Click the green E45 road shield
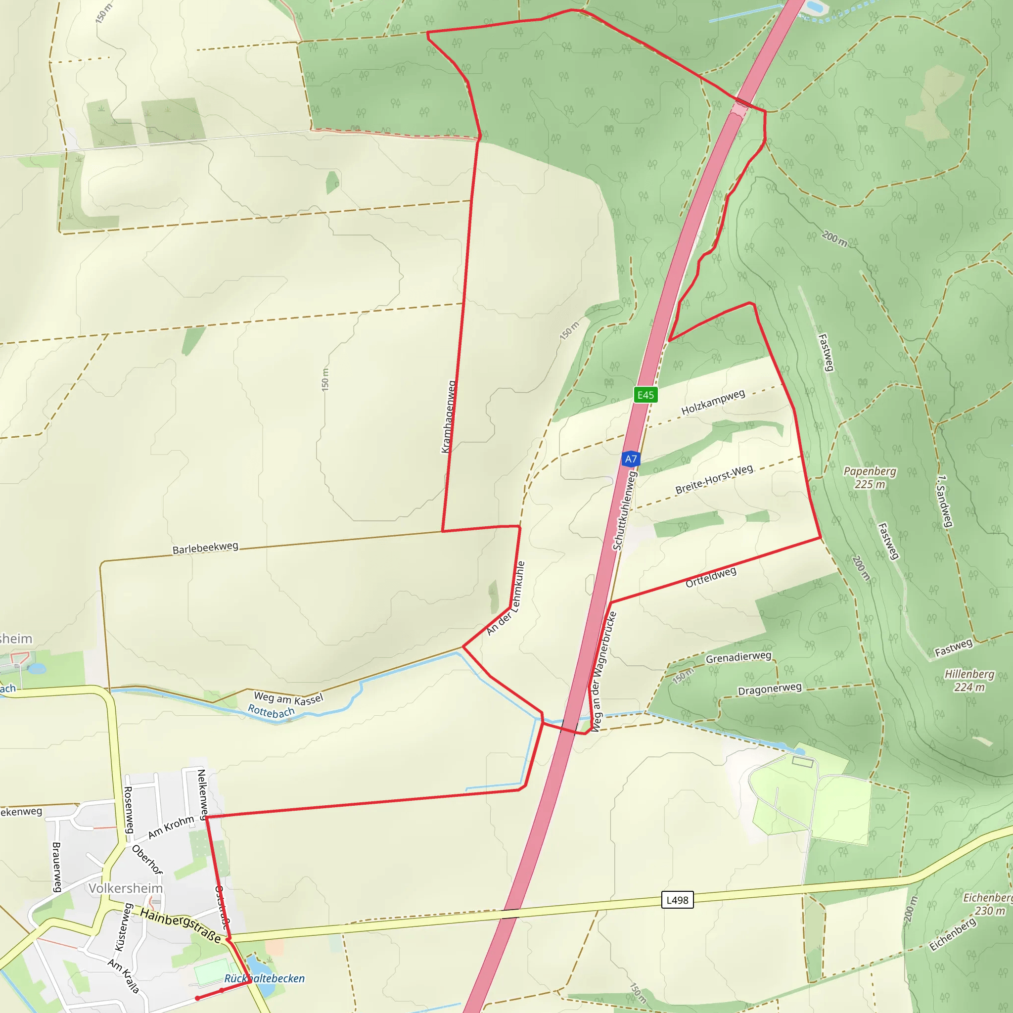[645, 395]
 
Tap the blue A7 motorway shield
[631, 460]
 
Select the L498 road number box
[677, 900]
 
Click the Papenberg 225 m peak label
[870, 478]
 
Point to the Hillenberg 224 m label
[969, 681]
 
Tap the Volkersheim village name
[126, 888]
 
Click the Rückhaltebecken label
[264, 978]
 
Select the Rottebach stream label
[271, 711]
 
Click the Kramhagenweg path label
[448, 417]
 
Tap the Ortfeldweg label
[711, 577]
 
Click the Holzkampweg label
[713, 402]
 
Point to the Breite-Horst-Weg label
[714, 479]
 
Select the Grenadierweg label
[738, 657]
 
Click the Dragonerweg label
[770, 689]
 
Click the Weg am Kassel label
[288, 698]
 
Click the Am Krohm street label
[171, 828]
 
